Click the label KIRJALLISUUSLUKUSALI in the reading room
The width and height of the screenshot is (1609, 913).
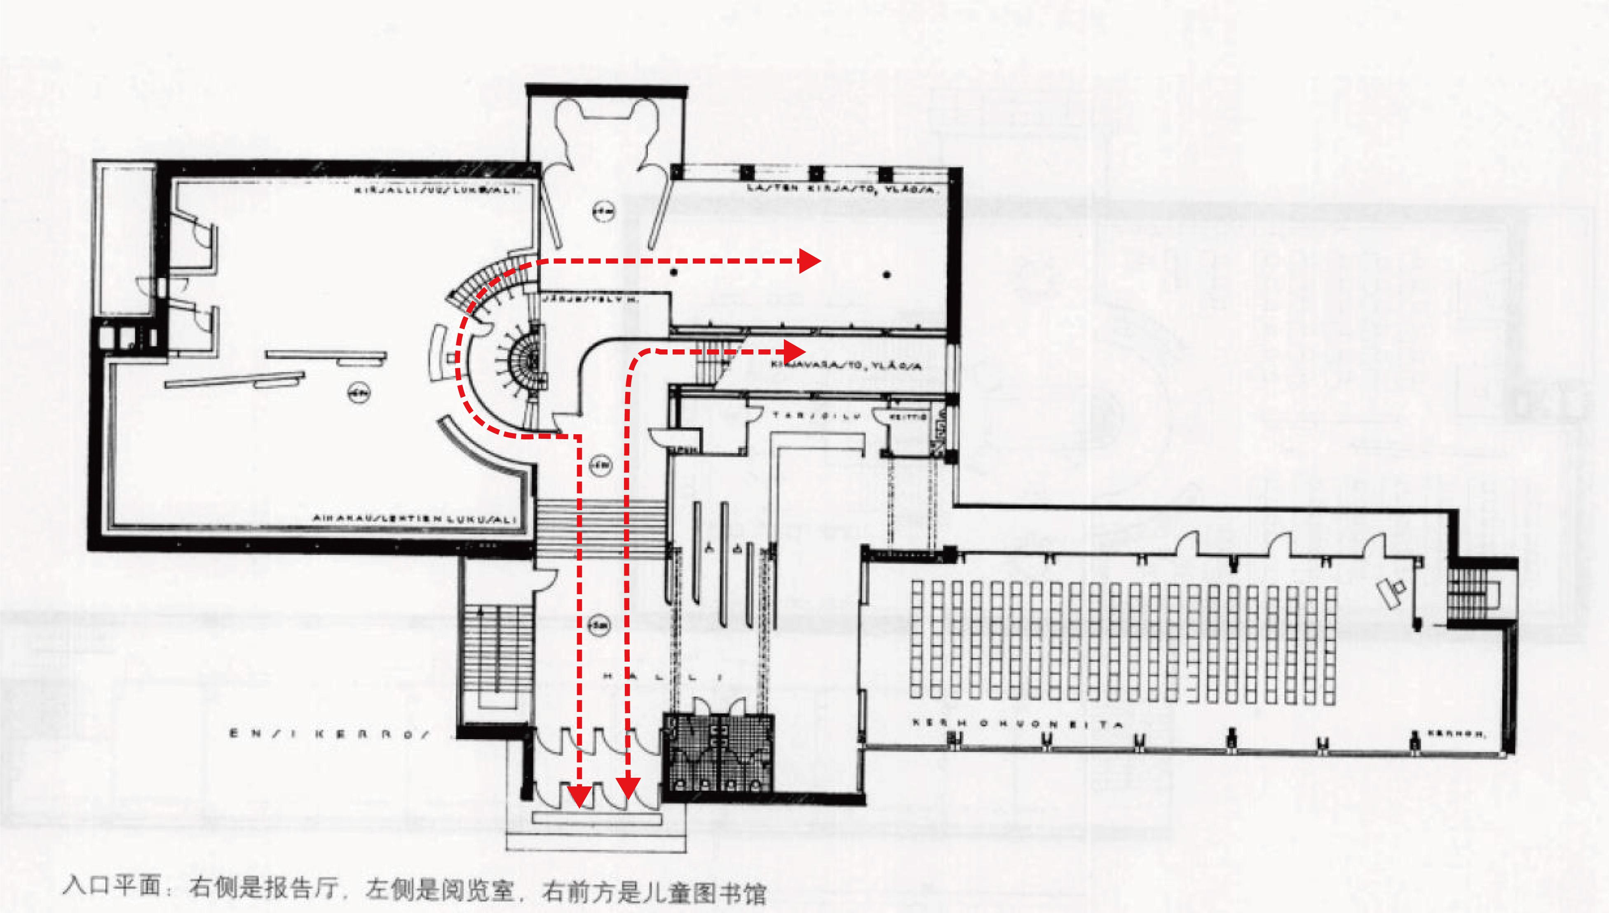tap(436, 190)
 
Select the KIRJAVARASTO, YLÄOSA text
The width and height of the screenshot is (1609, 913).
tap(847, 365)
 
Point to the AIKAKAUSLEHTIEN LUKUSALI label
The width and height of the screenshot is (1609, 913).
tap(415, 519)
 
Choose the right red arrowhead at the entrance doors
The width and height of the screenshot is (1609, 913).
tap(627, 788)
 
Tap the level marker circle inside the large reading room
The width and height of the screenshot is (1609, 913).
tap(359, 393)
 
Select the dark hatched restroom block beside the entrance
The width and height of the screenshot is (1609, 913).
tap(719, 756)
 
